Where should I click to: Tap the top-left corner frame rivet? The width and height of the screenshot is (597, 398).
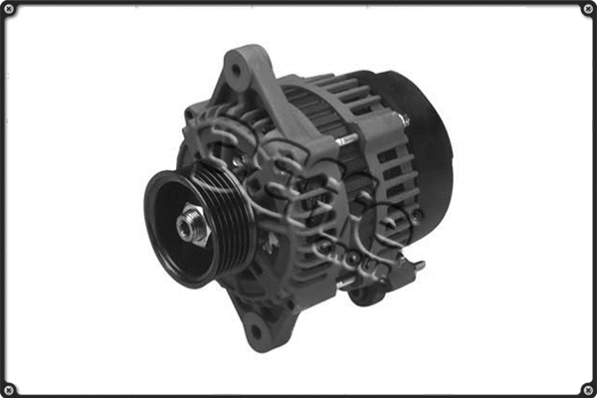click(9, 9)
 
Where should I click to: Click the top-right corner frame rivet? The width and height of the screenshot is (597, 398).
click(587, 9)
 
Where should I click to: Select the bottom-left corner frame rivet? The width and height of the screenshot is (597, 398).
click(9, 388)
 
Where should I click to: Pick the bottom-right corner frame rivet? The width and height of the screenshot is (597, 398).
click(587, 388)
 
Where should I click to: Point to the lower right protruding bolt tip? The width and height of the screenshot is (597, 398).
click(419, 266)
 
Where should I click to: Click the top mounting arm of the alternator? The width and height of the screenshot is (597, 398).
click(244, 80)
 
